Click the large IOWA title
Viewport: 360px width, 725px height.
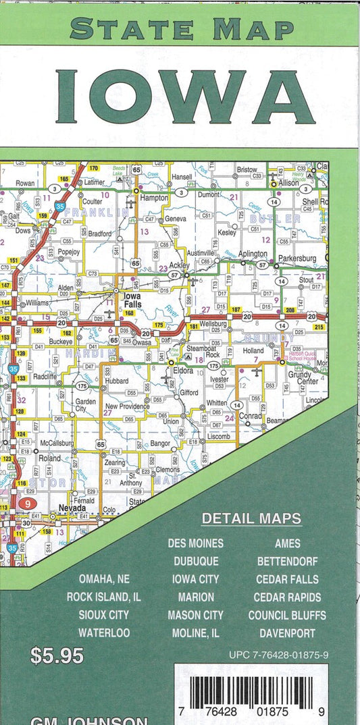click(x=184, y=97)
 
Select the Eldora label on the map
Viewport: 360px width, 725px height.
click(x=184, y=371)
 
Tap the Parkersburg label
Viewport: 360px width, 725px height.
click(x=298, y=259)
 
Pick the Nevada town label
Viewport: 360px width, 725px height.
click(x=73, y=508)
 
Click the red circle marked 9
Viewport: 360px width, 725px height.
click(x=27, y=503)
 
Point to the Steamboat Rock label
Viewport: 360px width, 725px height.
click(x=203, y=351)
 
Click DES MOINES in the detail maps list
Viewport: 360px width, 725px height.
click(x=195, y=543)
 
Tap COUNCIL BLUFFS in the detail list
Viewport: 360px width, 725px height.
click(x=287, y=615)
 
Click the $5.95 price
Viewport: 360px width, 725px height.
click(x=57, y=655)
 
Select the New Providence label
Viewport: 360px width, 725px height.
click(x=127, y=406)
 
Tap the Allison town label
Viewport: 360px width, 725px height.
click(x=288, y=183)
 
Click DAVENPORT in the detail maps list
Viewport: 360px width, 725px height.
click(x=287, y=633)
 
